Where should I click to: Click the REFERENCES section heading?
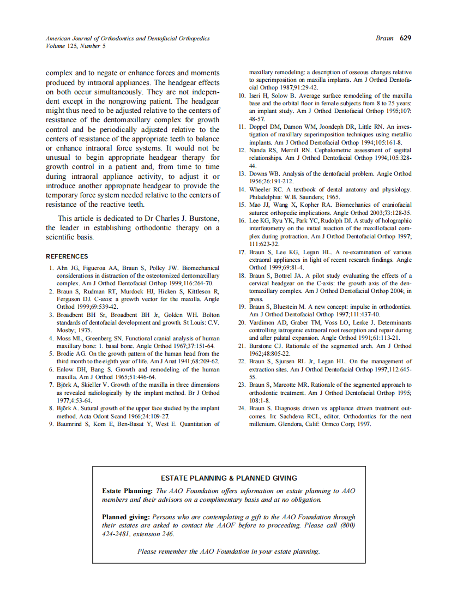(67, 256)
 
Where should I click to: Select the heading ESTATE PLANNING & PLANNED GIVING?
(229, 478)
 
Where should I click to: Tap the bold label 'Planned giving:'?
(126, 517)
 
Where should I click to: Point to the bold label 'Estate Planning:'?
(128, 491)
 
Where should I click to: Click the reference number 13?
(243, 173)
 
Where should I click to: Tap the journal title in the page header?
(128, 39)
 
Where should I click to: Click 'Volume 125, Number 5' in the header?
(76, 46)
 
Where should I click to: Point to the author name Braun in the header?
(384, 38)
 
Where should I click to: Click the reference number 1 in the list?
(51, 268)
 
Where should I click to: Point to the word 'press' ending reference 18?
(256, 299)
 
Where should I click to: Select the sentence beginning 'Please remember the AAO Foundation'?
(229, 551)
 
